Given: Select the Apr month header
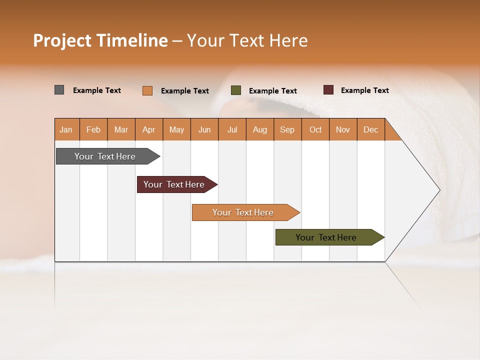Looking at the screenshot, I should click(x=149, y=129).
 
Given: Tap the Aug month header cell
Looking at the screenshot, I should click(x=260, y=129).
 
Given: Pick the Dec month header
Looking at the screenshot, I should click(x=371, y=129).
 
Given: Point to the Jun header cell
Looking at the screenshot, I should click(x=204, y=129).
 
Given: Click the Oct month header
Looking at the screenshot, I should click(x=315, y=129).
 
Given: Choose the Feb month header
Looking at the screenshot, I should click(x=93, y=129).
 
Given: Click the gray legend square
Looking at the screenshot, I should click(x=59, y=90).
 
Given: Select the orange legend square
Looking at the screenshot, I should click(x=147, y=90).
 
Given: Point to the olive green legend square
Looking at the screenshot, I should click(x=236, y=90).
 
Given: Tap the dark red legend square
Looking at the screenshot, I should click(x=328, y=90).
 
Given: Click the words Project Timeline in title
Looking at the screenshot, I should click(x=100, y=40).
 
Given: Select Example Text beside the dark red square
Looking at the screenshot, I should click(x=364, y=90).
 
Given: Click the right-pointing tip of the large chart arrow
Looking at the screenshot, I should click(x=438, y=190).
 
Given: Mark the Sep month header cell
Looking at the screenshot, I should click(x=287, y=129).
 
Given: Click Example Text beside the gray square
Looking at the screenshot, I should click(x=97, y=90).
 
